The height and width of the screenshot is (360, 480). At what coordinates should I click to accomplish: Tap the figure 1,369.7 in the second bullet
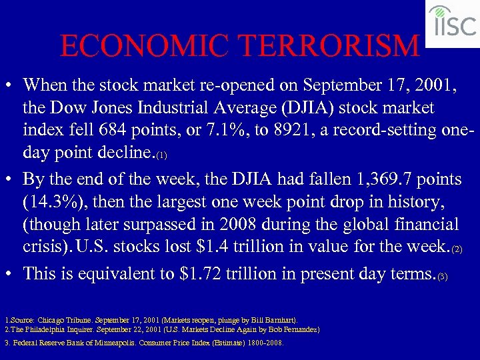pos(341,179)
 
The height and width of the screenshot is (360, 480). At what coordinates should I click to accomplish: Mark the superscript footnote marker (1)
pos(161,155)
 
